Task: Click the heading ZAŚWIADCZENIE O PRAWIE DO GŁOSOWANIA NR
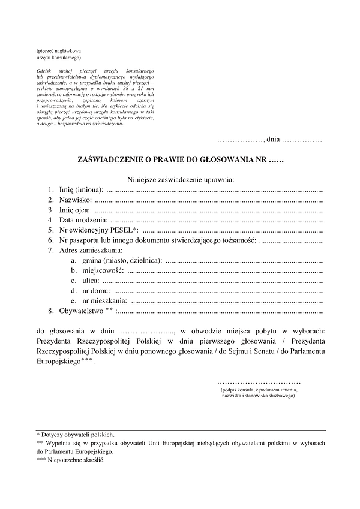180,160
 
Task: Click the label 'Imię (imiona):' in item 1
81,189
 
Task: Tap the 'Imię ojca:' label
74,210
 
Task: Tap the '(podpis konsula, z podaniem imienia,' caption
259,390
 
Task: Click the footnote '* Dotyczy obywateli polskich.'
76,435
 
